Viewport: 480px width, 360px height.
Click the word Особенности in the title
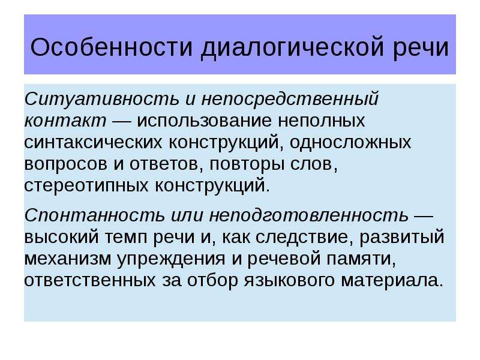[112, 47]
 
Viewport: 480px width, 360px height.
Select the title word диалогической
[292, 48]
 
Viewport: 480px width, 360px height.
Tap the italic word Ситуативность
[101, 99]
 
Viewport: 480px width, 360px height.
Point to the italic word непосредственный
[290, 99]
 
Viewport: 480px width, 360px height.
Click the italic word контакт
[65, 121]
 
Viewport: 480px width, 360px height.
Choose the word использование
[204, 121]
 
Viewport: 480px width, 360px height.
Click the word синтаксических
[93, 143]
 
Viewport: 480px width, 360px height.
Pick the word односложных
[350, 143]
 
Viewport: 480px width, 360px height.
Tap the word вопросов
[66, 164]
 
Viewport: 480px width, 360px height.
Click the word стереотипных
[86, 186]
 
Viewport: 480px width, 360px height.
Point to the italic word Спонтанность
[95, 215]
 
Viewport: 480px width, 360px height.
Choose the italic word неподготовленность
[309, 215]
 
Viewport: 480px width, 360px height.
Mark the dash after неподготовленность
[424, 216]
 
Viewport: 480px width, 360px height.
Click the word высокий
[62, 237]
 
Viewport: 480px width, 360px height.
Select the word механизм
[68, 259]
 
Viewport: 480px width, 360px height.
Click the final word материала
[392, 281]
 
